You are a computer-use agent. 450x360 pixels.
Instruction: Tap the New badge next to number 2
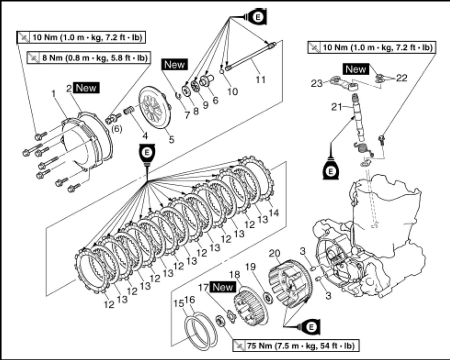click(x=86, y=88)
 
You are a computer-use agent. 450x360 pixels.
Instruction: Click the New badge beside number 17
click(x=223, y=287)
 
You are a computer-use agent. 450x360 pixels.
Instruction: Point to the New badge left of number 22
click(x=356, y=69)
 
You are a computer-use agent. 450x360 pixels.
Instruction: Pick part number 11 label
click(x=260, y=80)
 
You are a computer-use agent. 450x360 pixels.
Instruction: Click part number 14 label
click(x=274, y=212)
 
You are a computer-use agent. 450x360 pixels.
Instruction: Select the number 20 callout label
click(x=275, y=254)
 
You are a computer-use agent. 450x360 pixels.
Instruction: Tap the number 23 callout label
click(x=316, y=82)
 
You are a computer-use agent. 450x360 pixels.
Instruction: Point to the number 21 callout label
click(x=337, y=107)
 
